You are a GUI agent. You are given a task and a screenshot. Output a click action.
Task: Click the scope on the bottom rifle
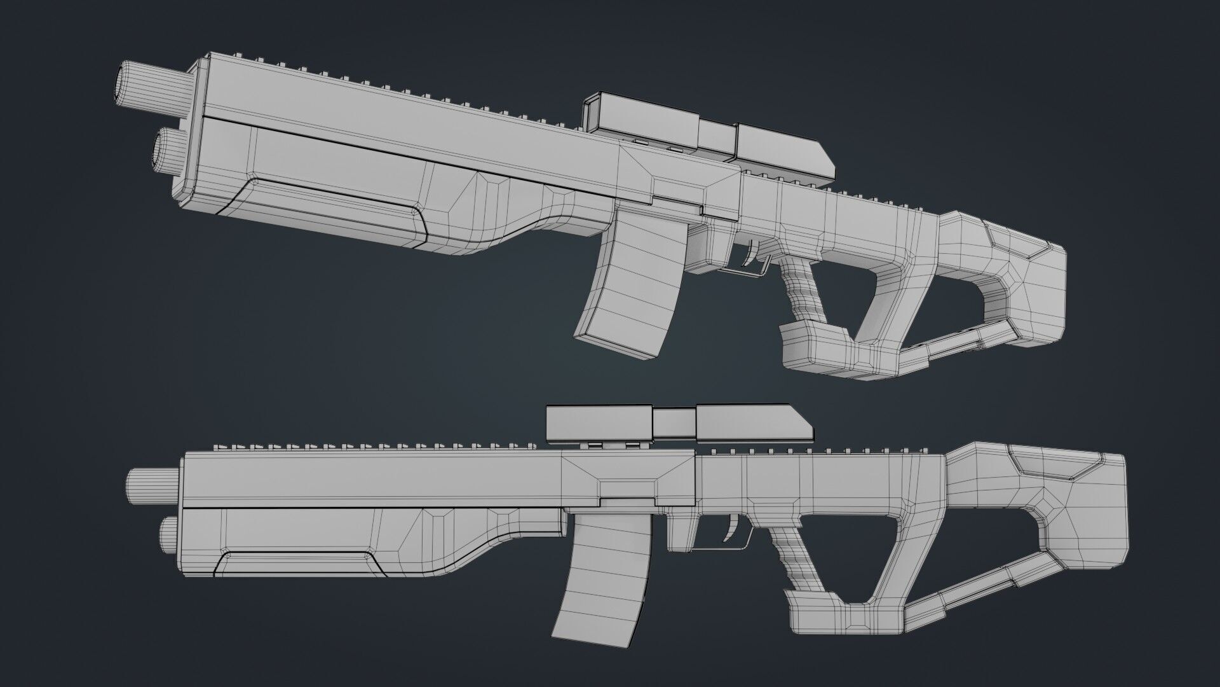(674, 424)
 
